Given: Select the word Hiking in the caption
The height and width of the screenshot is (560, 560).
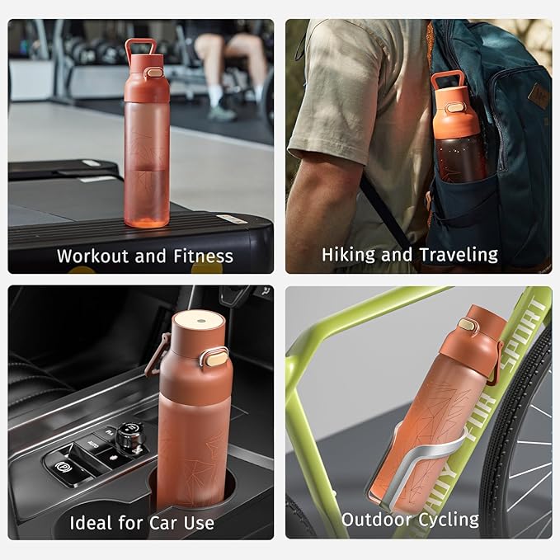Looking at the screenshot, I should point(349,255).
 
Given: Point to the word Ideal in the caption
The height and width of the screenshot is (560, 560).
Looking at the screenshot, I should point(90,523).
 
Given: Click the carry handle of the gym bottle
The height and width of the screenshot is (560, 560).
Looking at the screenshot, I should point(141,47).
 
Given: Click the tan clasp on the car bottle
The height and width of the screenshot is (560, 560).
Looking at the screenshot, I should point(216,356).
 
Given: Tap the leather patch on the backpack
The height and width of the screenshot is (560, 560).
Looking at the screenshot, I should point(539,93).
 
